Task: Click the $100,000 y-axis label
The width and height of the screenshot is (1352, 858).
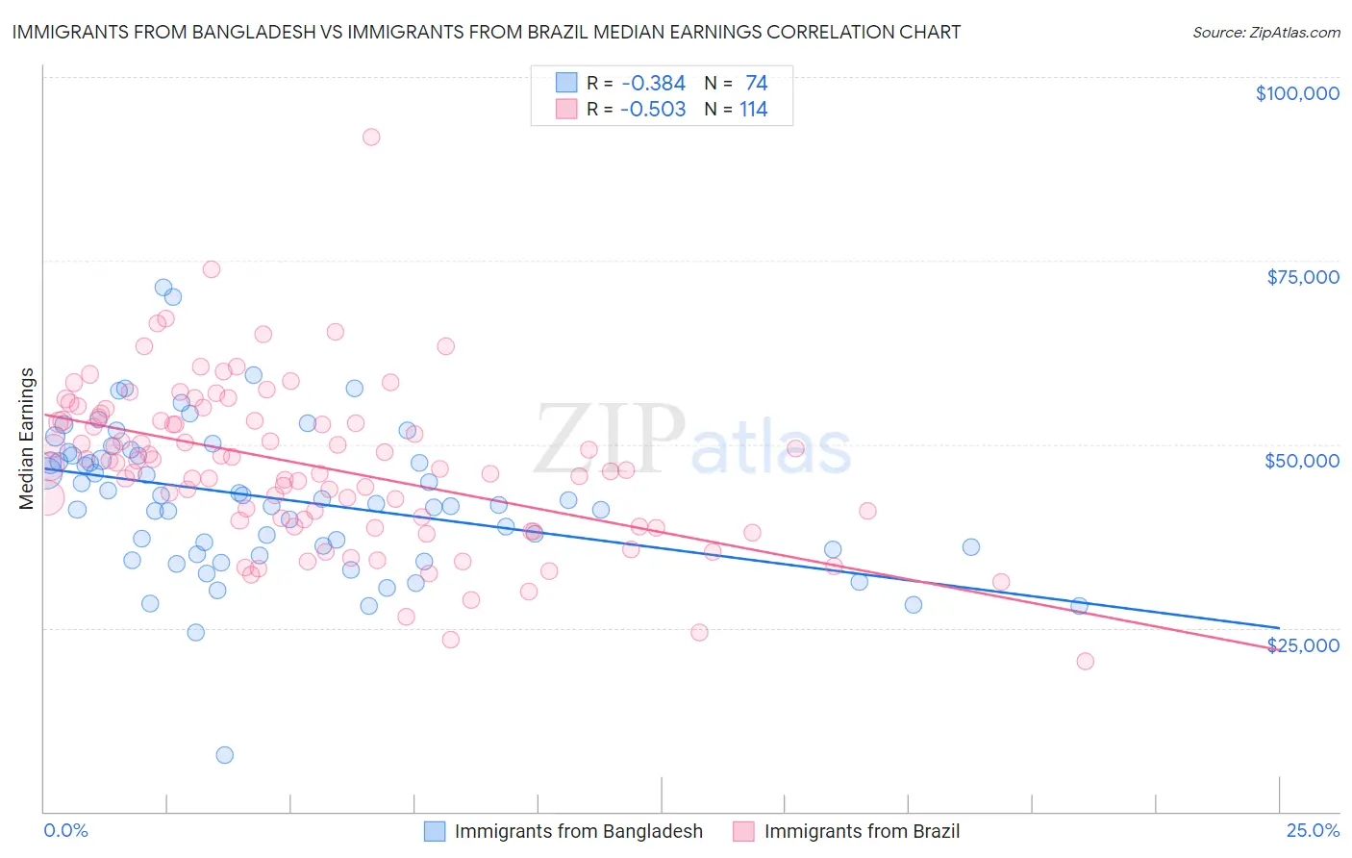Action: coord(1297,93)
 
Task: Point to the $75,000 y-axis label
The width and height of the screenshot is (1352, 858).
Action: coord(1302,277)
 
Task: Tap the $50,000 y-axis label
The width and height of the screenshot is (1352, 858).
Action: coord(1301,461)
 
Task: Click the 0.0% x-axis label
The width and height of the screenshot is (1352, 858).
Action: coord(65,830)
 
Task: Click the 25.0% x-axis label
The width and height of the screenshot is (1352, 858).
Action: coord(1313,830)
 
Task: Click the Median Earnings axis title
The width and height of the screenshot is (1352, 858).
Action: coord(27,438)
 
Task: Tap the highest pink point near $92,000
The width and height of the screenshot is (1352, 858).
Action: coord(371,137)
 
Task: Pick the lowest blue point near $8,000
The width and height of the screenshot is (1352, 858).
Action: coord(225,755)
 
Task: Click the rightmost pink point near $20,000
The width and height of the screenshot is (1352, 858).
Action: coord(1085,661)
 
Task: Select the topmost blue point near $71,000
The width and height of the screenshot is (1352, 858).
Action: coord(163,288)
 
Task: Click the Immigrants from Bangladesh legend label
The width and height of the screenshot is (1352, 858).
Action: coord(578,831)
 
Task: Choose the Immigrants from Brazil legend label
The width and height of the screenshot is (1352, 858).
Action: coord(862,831)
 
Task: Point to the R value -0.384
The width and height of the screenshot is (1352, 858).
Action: coord(653,84)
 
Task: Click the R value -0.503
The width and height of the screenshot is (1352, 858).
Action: coord(653,110)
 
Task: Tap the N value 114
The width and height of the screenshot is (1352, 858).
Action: coord(753,110)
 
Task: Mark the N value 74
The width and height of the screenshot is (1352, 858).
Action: coord(756,84)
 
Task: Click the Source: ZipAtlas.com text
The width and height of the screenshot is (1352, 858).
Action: coord(1265,33)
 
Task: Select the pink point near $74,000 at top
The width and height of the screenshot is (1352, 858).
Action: coord(212,269)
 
